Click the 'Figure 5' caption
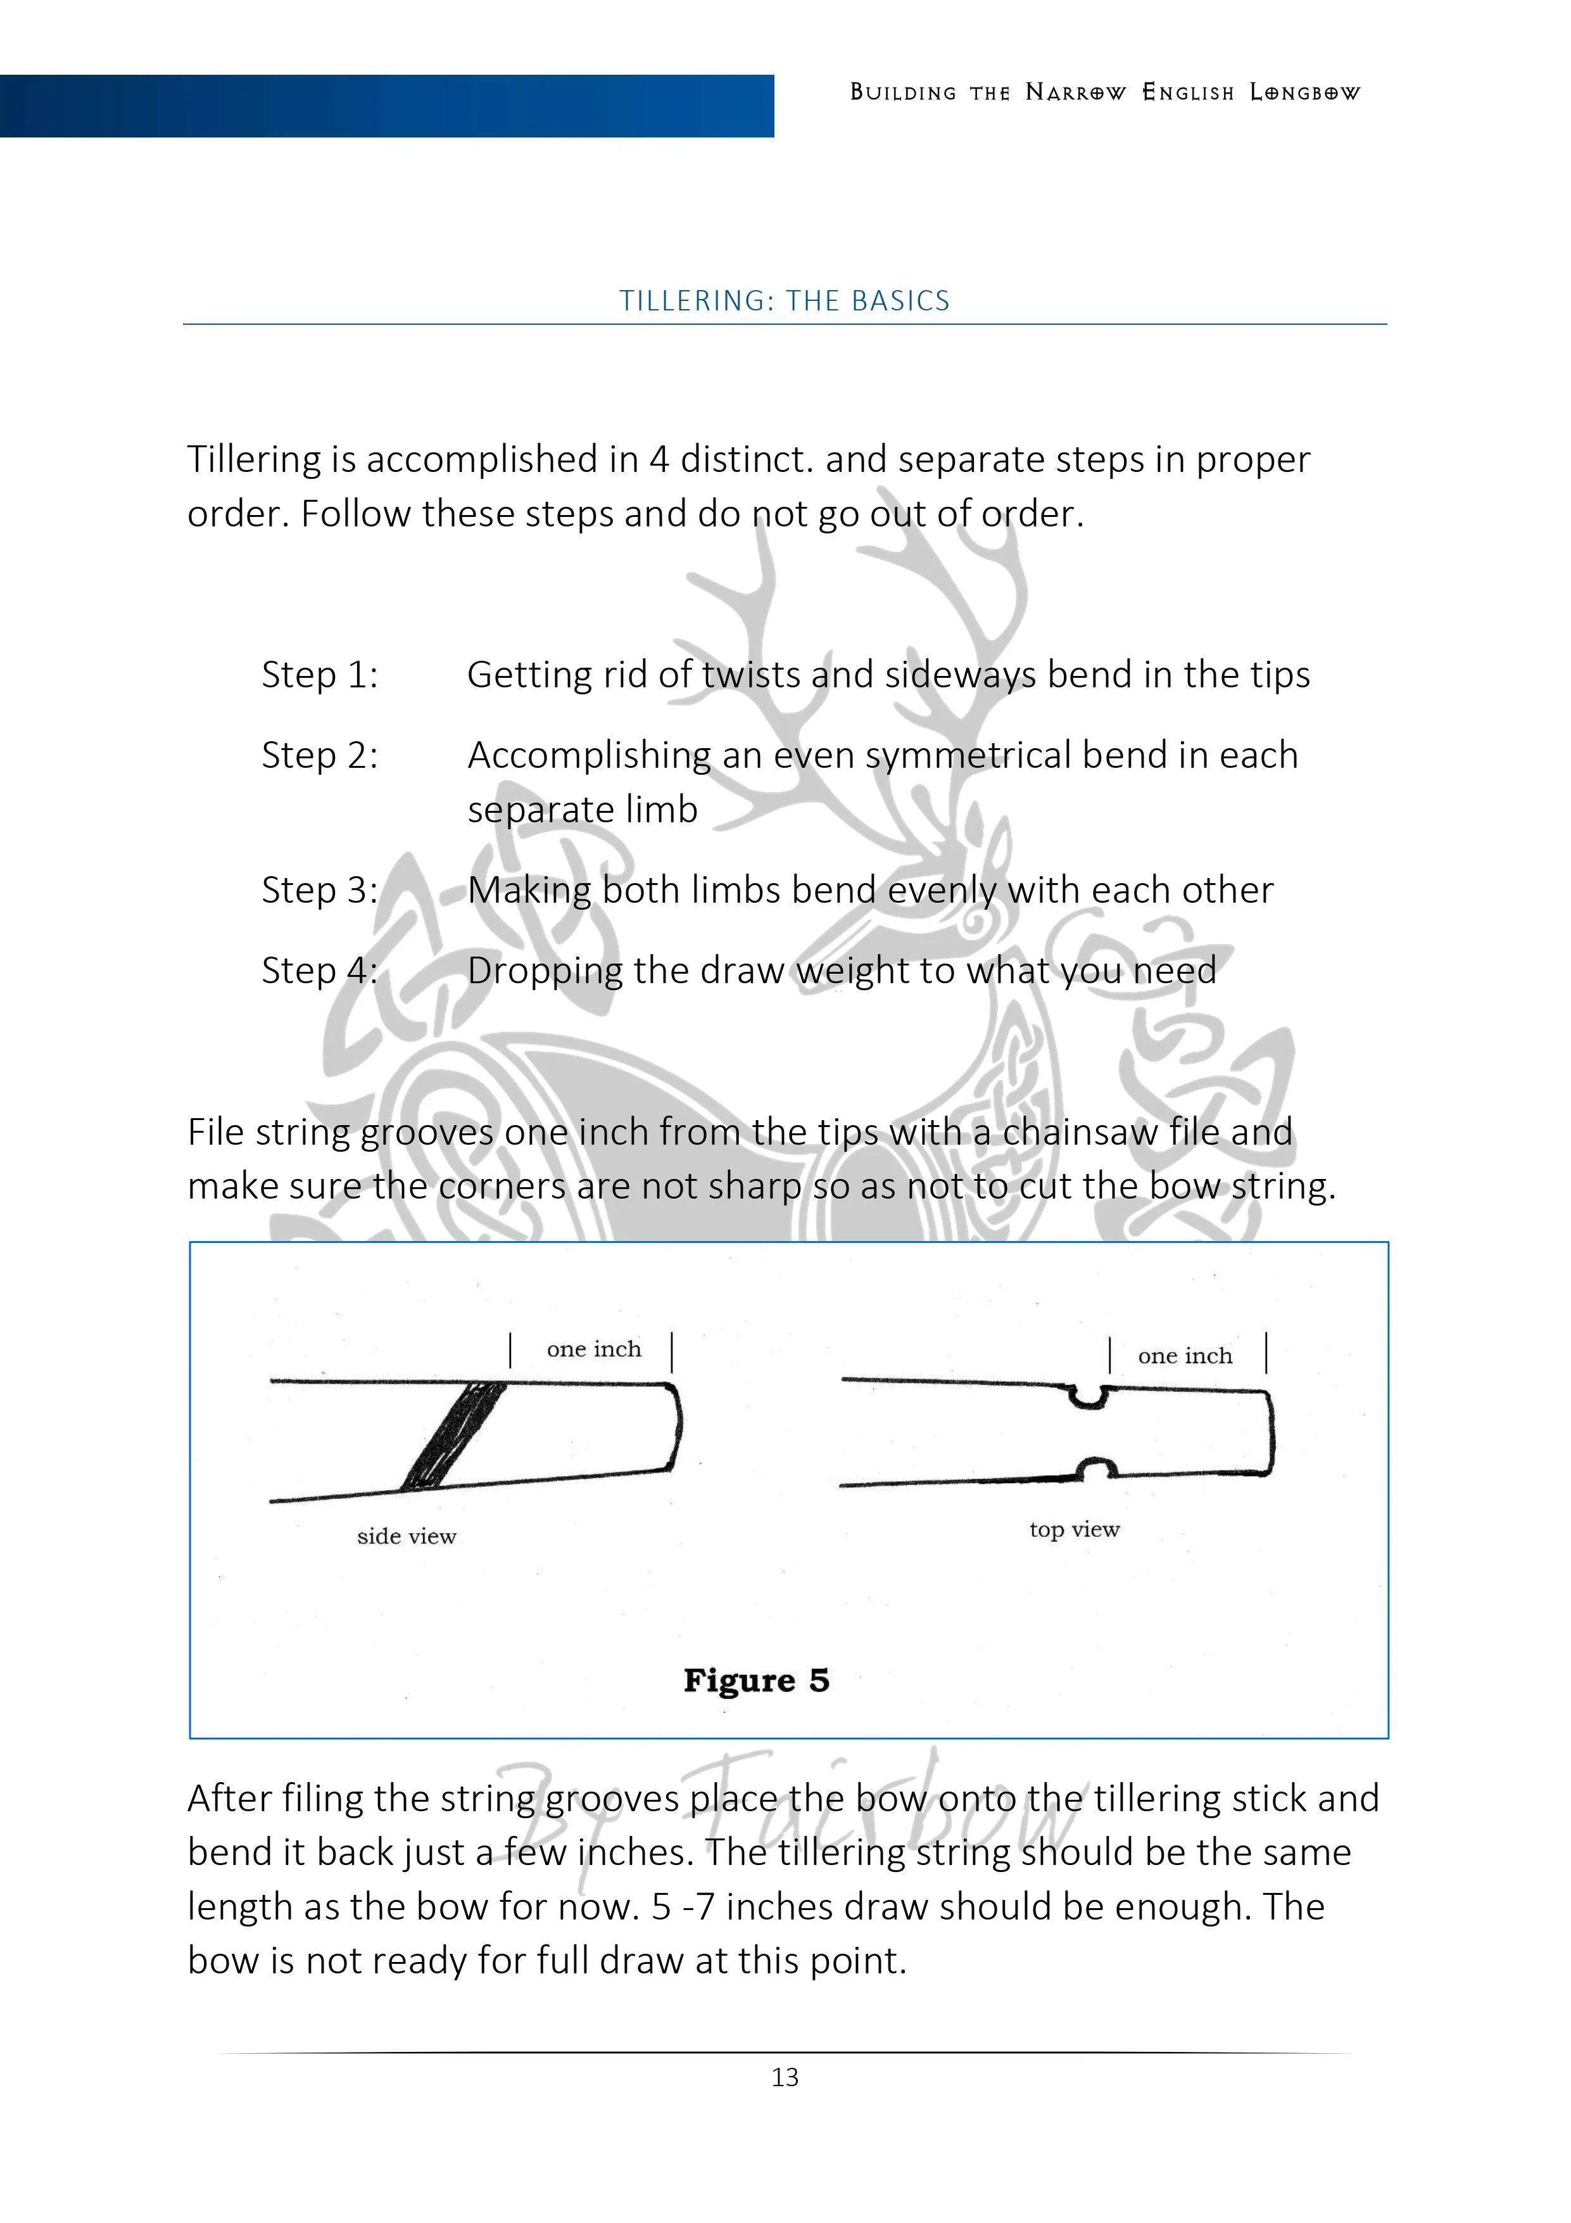point(756,1680)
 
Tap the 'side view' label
point(406,1536)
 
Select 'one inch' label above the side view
point(593,1349)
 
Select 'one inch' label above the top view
point(1185,1356)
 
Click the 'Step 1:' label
point(319,675)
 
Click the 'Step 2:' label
point(319,755)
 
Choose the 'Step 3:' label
point(319,890)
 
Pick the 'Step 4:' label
point(319,970)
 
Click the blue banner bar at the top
point(387,106)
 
